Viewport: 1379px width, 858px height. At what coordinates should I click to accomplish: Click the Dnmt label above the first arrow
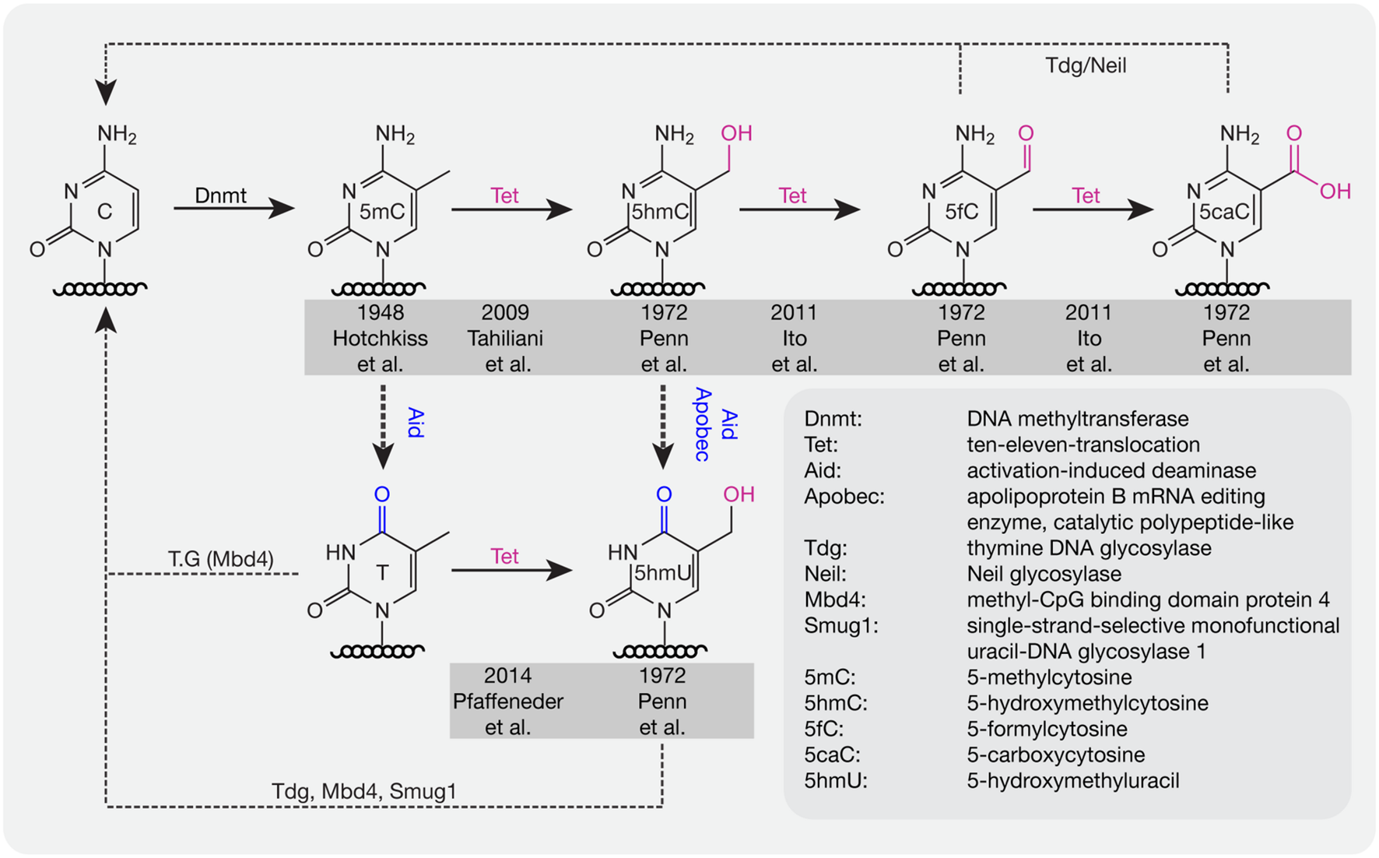coord(220,195)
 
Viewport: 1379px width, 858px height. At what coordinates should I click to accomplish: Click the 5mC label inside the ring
coord(381,212)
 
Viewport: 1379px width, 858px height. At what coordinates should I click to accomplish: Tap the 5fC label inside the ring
coord(961,212)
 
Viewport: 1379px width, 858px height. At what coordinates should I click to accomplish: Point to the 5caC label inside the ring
coord(1224,212)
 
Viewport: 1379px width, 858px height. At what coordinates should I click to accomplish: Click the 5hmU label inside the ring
coord(662,573)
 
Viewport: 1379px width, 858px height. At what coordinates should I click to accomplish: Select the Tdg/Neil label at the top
coord(1086,65)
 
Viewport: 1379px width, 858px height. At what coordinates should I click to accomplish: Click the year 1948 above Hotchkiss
coord(380,312)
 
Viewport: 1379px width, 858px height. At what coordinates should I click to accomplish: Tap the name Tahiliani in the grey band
coord(505,339)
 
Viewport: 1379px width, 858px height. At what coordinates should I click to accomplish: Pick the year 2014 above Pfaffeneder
coord(507,675)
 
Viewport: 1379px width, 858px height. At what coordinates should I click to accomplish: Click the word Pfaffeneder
coord(507,701)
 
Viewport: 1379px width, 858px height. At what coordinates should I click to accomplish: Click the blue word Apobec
coord(702,424)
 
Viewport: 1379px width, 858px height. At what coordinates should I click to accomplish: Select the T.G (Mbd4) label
coord(220,558)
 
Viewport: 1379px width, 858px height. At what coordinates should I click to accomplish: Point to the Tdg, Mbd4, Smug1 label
coord(363,791)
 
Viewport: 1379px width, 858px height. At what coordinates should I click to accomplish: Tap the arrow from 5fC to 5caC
coord(1092,209)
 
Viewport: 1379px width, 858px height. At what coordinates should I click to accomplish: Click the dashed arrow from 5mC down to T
coord(383,426)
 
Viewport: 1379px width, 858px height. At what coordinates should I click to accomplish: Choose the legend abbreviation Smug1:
coord(840,625)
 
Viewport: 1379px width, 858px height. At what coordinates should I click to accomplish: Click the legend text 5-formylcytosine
coord(1047,729)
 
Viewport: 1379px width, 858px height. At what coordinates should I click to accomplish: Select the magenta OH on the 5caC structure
coord(1335,192)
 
